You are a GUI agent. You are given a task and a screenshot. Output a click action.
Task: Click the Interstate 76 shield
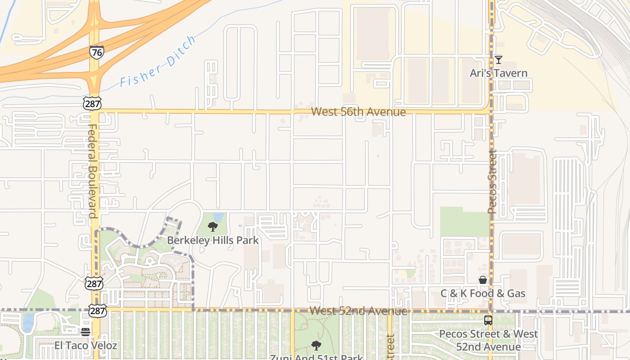96,52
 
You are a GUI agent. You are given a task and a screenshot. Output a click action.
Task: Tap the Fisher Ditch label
158,62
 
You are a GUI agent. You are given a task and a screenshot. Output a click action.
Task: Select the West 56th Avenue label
358,112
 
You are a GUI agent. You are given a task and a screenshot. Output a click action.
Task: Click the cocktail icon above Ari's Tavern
498,59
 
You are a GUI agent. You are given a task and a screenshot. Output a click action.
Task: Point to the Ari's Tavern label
498,73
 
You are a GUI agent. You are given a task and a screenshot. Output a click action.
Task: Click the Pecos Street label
492,182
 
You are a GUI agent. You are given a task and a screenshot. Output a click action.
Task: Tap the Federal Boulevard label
92,171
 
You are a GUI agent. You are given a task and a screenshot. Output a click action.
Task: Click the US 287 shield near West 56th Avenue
92,103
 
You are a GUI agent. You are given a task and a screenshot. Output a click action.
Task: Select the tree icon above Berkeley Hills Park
213,227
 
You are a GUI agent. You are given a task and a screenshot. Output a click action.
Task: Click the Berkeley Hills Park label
213,240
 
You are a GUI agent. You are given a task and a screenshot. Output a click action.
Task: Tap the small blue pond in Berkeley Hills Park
219,217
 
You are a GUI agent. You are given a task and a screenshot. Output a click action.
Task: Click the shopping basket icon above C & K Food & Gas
483,280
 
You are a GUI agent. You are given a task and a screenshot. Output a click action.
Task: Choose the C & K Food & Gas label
483,293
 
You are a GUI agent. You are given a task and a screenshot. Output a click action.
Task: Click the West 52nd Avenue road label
358,311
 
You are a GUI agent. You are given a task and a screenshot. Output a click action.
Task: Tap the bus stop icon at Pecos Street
488,320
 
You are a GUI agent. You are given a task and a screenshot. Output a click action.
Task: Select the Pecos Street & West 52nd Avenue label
488,340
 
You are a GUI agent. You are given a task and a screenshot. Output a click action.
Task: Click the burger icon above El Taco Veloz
85,332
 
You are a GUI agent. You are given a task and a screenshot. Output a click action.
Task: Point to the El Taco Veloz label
85,346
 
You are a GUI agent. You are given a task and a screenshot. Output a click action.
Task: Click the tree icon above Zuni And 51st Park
316,345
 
